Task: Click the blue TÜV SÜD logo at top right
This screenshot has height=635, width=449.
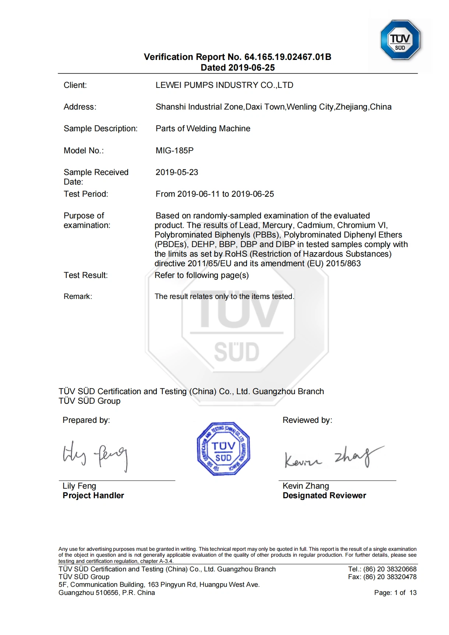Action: tap(400, 40)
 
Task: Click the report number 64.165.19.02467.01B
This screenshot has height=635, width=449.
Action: tap(288, 57)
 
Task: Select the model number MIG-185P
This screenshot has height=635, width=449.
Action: tap(174, 150)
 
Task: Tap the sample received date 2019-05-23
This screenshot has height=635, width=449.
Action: tap(177, 172)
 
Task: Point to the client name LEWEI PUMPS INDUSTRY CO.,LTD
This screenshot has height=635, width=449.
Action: tap(224, 85)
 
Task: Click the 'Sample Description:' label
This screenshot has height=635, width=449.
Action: tap(100, 128)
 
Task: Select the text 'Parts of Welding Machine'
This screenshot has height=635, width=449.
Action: tap(203, 128)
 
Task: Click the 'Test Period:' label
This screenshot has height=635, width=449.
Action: tap(86, 194)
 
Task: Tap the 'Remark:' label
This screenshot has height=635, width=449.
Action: tap(78, 296)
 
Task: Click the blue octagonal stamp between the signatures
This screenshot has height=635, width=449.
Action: tap(223, 449)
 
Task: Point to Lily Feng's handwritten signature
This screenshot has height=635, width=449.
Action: tap(95, 456)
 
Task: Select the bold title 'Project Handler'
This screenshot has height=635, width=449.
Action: tap(93, 495)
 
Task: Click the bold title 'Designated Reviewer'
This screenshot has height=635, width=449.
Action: tap(324, 495)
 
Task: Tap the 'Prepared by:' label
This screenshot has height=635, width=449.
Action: tap(86, 420)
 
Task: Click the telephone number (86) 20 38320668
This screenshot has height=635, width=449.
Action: tap(390, 569)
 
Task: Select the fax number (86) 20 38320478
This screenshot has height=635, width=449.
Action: tap(390, 577)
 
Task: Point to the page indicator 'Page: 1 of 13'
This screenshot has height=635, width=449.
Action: tap(395, 592)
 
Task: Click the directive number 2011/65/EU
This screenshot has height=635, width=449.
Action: tap(209, 263)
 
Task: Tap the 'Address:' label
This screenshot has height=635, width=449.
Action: tap(80, 107)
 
